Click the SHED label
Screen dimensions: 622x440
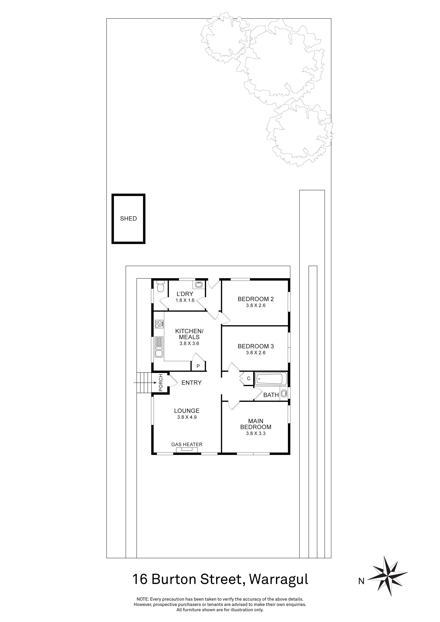[x=128, y=219]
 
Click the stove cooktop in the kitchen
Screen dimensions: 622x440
[x=159, y=324]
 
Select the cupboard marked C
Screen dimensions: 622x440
[x=249, y=378]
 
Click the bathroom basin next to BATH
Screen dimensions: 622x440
[x=284, y=393]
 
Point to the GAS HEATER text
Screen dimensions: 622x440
[x=187, y=445]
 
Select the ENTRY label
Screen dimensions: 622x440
[x=191, y=383]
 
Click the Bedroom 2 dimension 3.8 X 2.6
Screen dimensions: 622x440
[x=256, y=306]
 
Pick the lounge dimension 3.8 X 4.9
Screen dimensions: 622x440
[x=187, y=417]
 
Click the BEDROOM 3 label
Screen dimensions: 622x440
[x=256, y=346]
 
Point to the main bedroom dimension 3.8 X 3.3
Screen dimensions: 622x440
[x=256, y=434]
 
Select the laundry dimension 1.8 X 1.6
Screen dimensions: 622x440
[x=185, y=300]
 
